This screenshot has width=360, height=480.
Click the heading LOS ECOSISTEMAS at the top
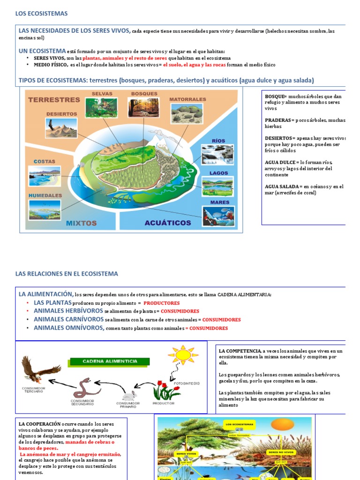42,14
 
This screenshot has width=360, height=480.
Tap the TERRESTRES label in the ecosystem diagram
54,99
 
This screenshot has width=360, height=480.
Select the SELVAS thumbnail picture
101,107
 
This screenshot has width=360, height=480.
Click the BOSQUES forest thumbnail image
143,107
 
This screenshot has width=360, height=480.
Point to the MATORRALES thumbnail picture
187,113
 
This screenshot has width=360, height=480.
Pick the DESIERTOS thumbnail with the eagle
62,128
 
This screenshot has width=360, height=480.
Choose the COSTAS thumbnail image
45,176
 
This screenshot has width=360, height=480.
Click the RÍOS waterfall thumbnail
217,154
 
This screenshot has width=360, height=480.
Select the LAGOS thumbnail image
218,186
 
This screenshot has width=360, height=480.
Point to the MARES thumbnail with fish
218,216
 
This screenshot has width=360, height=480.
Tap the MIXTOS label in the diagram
81,223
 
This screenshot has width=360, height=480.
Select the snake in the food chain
85,387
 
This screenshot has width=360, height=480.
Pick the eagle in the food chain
37,370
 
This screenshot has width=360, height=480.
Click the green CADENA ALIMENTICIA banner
110,361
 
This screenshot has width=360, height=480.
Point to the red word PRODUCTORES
161,303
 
